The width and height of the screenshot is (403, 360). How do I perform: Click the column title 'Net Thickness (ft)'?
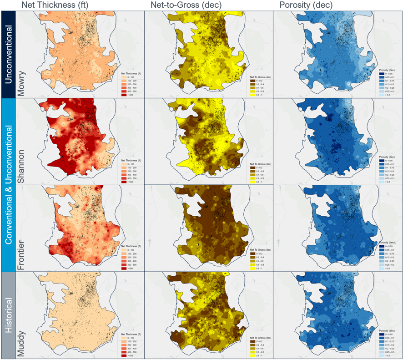pos(52,5)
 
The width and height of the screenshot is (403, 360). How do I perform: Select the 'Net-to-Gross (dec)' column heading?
pos(183,5)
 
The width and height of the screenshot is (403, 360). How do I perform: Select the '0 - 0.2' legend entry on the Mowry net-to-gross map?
pos(257,81)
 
